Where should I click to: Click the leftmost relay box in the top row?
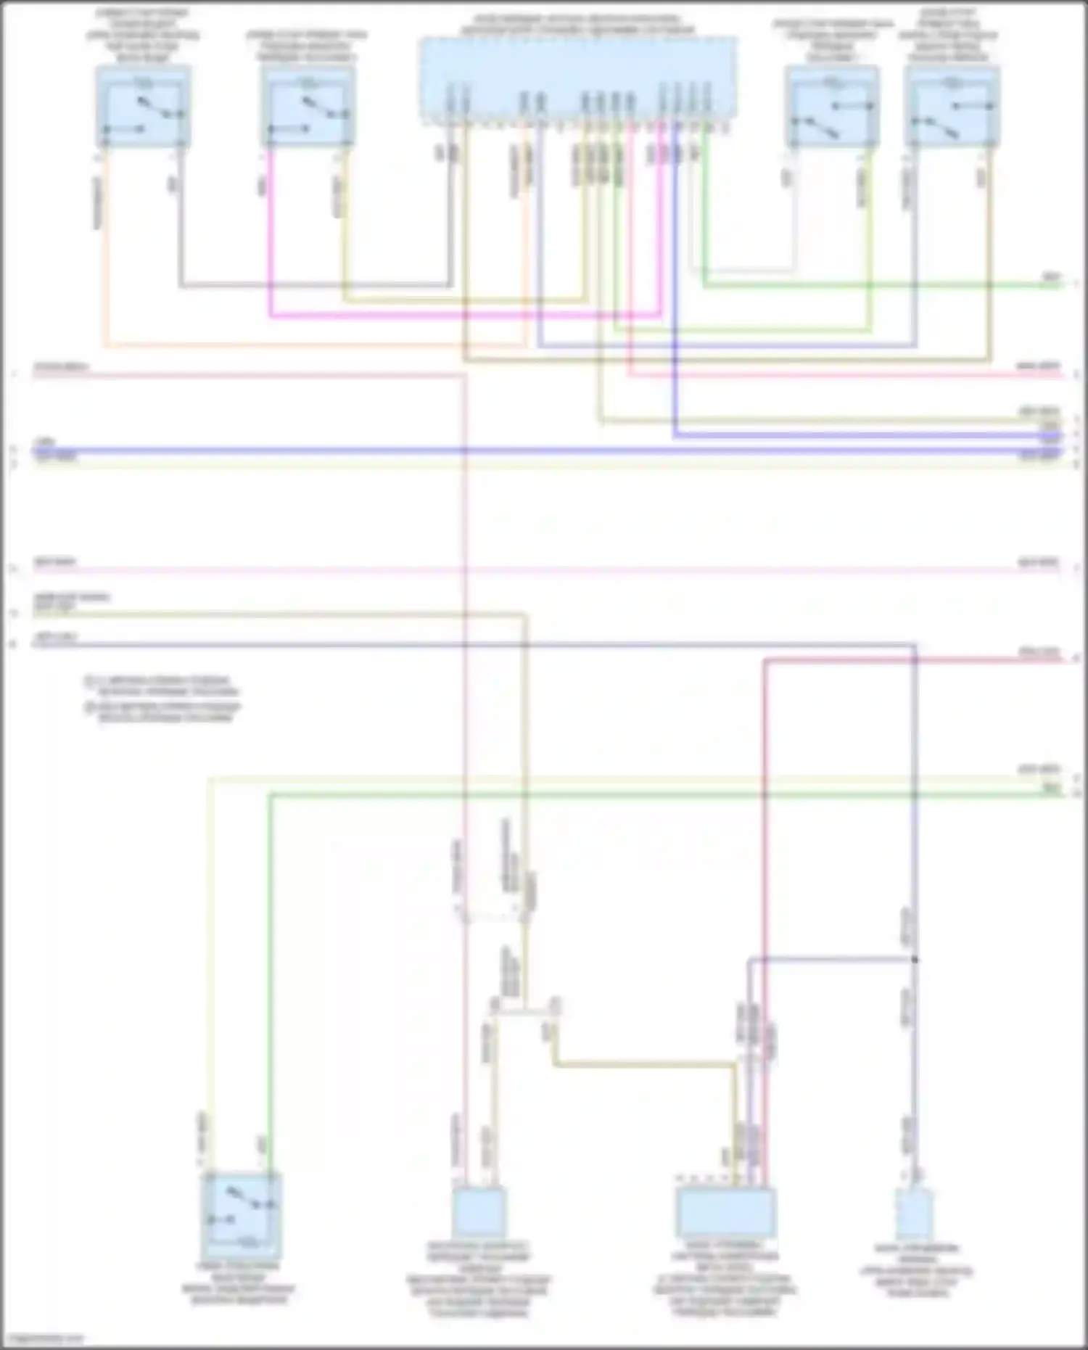coord(143,107)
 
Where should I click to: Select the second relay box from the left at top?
coord(308,107)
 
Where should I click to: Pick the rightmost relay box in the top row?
coord(952,107)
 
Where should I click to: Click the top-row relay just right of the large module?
coord(832,107)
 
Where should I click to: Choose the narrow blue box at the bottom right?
coord(914,1213)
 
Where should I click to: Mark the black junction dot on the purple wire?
coord(915,960)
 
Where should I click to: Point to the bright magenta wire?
coord(464,316)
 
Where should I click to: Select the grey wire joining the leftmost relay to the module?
coord(312,285)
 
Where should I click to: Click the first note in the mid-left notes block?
coord(162,686)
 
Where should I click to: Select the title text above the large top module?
coord(578,25)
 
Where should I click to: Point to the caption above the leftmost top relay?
coord(142,35)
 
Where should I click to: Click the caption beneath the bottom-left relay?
coord(239,1284)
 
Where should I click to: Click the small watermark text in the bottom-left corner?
coord(42,1339)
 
